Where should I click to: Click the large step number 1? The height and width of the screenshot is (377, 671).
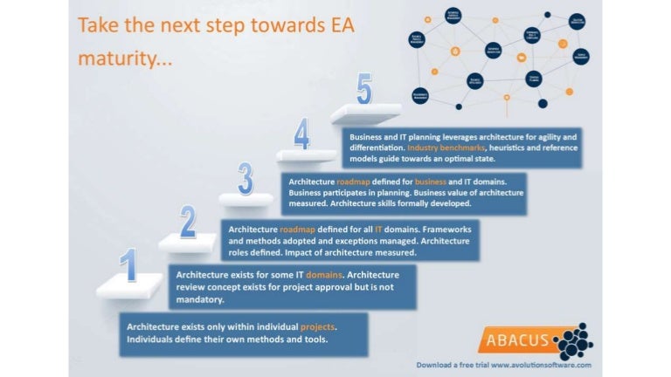129,265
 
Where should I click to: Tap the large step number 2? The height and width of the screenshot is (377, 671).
188,222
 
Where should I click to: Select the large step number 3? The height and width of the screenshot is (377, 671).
246,178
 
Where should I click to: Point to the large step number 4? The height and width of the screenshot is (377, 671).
301,135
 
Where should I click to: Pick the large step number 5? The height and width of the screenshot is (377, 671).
364,89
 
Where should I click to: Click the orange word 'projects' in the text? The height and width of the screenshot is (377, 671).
317,326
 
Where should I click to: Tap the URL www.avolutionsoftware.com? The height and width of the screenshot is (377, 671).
541,365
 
